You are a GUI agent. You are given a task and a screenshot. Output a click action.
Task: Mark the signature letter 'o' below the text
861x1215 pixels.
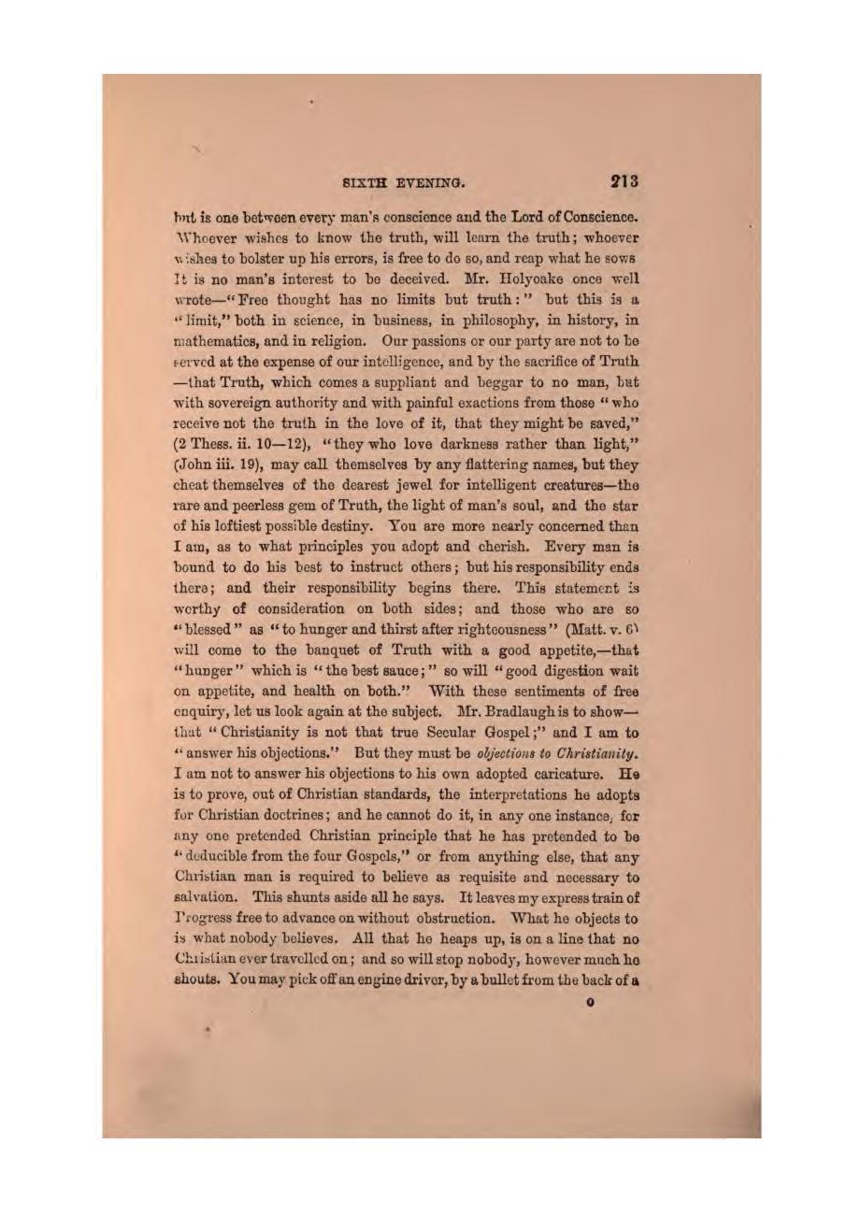589,1002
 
